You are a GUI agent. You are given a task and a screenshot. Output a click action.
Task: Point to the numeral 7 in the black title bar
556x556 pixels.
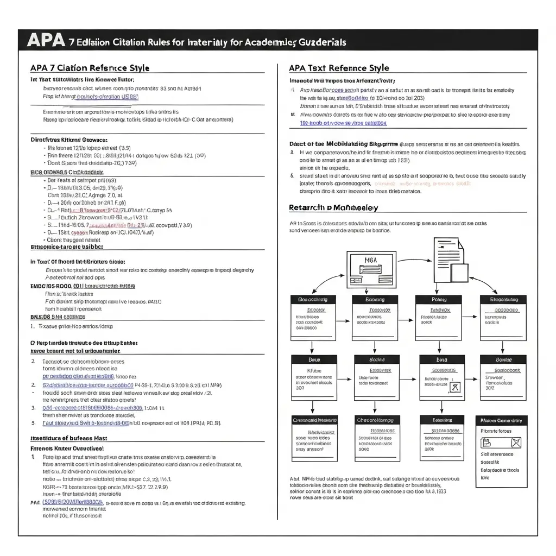72,41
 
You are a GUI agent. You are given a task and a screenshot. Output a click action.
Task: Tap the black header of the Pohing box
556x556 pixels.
438,299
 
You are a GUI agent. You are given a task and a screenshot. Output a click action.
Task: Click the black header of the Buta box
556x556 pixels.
441,359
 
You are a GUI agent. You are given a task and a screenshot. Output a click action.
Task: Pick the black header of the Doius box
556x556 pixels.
314,359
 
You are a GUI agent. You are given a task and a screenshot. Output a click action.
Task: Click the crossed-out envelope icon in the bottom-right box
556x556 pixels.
515,443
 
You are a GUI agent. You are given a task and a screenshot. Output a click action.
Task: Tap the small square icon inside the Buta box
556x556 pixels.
456,387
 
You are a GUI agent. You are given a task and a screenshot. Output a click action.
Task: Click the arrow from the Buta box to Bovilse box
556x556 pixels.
441,408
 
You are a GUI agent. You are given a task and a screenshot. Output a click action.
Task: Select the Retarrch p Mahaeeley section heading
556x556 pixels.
333,207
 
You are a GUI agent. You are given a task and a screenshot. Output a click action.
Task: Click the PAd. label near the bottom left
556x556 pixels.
35,502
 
